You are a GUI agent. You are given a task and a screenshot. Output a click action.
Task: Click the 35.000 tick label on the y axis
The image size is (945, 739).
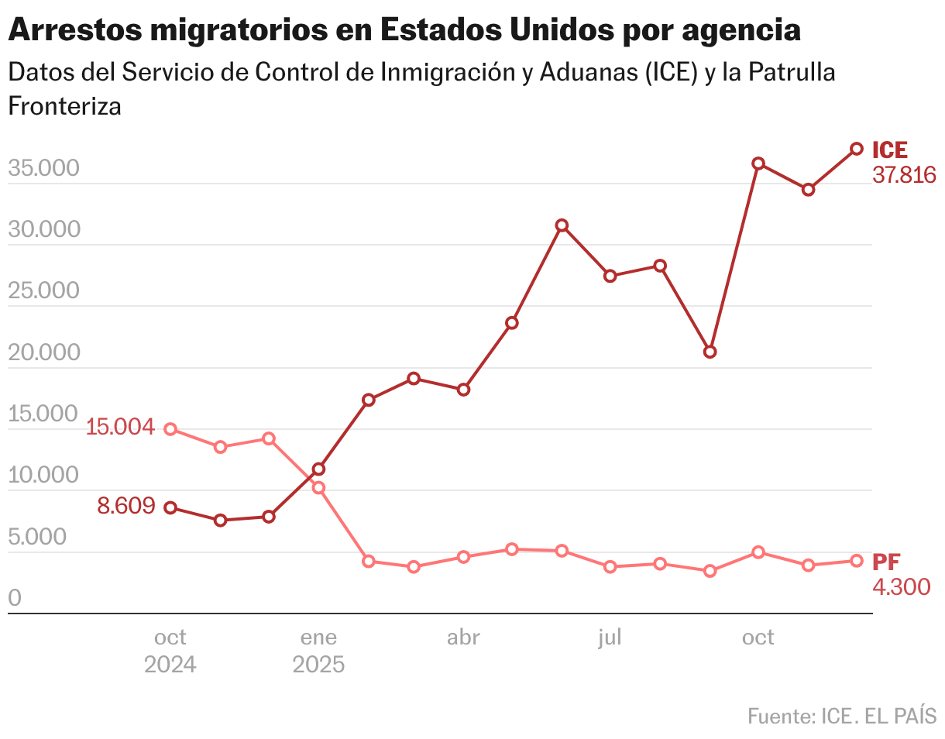pos(44,168)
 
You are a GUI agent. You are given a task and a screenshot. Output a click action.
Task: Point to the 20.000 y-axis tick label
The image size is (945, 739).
pos(44,352)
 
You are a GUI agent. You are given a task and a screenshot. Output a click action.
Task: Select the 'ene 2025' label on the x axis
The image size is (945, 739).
pos(318,651)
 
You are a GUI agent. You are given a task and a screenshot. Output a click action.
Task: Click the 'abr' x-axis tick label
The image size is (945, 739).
pos(463,638)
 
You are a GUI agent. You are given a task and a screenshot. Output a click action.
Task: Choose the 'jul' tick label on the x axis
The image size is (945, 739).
pos(610,638)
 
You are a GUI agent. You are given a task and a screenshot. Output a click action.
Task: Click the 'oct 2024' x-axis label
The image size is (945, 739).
pos(170,651)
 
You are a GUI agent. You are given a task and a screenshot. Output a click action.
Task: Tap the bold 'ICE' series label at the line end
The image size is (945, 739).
pos(889,150)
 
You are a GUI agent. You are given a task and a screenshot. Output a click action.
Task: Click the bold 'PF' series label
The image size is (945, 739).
pos(886,562)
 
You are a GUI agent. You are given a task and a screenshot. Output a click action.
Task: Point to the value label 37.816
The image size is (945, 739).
pos(904,175)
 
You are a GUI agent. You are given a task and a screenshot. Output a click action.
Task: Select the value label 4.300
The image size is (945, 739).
pos(901,587)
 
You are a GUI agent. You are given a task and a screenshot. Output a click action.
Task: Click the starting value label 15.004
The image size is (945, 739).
pos(120,427)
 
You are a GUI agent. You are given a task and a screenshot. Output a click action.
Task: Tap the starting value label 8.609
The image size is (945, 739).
pos(125,507)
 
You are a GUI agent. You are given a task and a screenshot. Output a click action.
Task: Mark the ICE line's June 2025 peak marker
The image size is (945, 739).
pos(562,225)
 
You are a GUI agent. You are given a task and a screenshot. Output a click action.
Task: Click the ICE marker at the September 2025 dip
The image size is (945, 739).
pos(710,352)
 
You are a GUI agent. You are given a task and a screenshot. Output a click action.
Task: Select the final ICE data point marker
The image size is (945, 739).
pos(857,149)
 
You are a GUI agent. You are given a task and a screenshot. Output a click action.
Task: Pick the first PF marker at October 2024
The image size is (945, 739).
pos(170,429)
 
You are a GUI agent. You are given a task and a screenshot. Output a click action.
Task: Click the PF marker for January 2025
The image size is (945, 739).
pos(318,488)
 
